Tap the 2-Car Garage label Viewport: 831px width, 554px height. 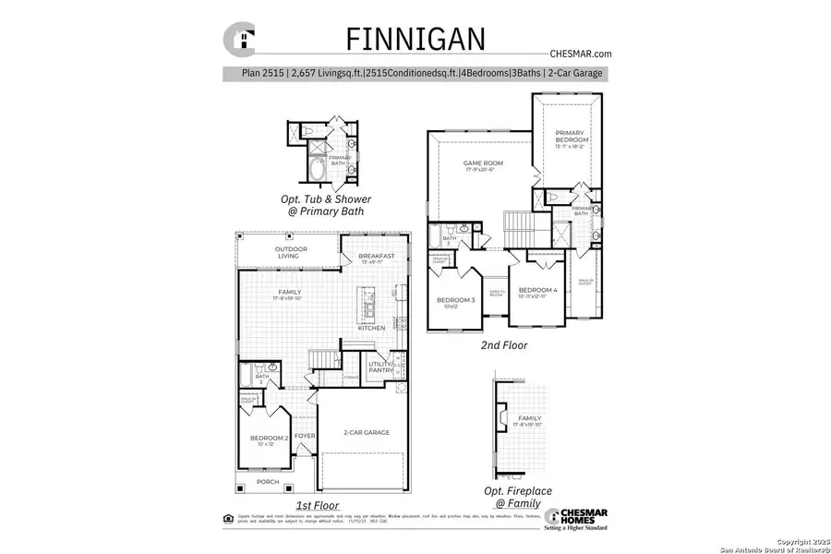[x=366, y=432]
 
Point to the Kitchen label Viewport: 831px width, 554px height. [x=372, y=329]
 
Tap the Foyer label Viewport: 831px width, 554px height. [x=305, y=436]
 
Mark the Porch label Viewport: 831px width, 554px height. [x=267, y=481]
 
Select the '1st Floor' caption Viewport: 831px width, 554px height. [x=317, y=505]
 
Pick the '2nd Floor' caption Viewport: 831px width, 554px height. [x=504, y=345]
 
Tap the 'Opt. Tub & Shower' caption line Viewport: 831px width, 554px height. [x=326, y=199]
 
